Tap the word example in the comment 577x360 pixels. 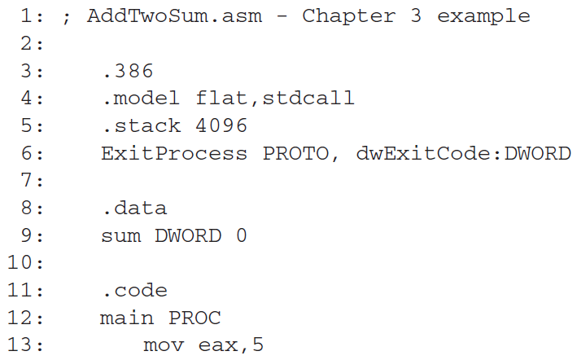tap(483, 16)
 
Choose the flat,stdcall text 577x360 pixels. tap(275, 99)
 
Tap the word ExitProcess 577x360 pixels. tap(174, 153)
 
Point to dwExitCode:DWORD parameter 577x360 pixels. tap(463, 153)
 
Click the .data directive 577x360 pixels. tap(135, 209)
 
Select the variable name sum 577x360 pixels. tap(120, 236)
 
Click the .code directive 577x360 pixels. tap(135, 291)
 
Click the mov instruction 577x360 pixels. tap(162, 345)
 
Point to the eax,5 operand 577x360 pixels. tap(231, 345)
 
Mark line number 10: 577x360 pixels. tap(27, 263)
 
